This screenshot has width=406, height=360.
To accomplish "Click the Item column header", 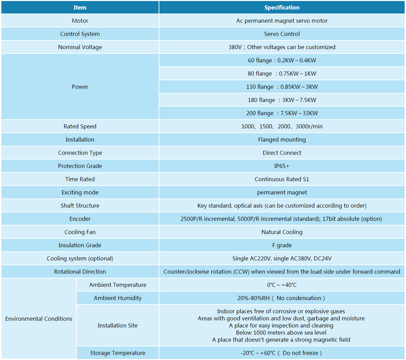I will (80, 7).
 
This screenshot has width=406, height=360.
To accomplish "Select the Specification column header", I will (282, 7).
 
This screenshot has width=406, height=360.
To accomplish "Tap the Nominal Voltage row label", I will (80, 47).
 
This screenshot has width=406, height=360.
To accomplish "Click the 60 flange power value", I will (282, 60).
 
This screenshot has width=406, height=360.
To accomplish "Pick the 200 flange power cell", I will (282, 113).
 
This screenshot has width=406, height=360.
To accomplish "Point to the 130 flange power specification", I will (282, 87).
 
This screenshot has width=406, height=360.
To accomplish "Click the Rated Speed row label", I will (80, 126).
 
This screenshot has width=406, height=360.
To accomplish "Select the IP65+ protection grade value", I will (282, 166).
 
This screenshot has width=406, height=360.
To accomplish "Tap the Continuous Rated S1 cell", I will (282, 179).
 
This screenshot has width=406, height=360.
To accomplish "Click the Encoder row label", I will (80, 219).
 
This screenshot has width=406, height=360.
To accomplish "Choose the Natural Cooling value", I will (282, 232).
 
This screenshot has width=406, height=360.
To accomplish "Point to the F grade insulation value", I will (282, 245).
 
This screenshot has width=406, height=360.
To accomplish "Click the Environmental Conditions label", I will (39, 319).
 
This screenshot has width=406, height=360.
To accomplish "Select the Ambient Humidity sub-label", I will (118, 298).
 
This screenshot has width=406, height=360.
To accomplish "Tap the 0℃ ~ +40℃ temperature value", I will (282, 285).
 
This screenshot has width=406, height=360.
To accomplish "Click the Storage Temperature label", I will (118, 353).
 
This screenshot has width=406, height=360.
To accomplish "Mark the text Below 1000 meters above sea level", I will (281, 333).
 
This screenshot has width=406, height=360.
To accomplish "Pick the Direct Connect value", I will (282, 153).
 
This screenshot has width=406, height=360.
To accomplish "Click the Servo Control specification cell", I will (282, 34).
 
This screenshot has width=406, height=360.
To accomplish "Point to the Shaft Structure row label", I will (80, 206).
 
